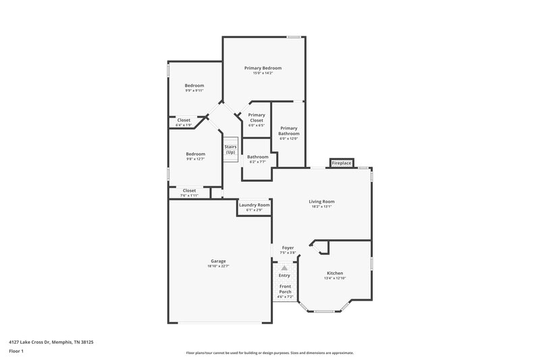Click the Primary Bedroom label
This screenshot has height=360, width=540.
point(263,68)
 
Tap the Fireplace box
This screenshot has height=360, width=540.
point(341,163)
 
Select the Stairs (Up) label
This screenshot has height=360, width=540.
point(230,150)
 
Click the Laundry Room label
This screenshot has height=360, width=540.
point(254,205)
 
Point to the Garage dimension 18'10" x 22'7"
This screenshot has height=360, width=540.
point(218,266)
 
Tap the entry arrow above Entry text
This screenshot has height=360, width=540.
point(285,268)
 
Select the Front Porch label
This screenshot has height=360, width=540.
point(286,289)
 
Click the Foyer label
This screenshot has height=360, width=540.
point(288,248)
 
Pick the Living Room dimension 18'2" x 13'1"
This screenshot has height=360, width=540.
point(322,207)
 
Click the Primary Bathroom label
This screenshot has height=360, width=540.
point(289,130)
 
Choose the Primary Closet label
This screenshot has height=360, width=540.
point(256,118)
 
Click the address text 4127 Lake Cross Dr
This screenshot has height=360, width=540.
point(51,342)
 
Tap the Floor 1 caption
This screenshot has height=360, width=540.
point(16,351)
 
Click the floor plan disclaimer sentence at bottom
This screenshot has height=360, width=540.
point(270,353)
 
